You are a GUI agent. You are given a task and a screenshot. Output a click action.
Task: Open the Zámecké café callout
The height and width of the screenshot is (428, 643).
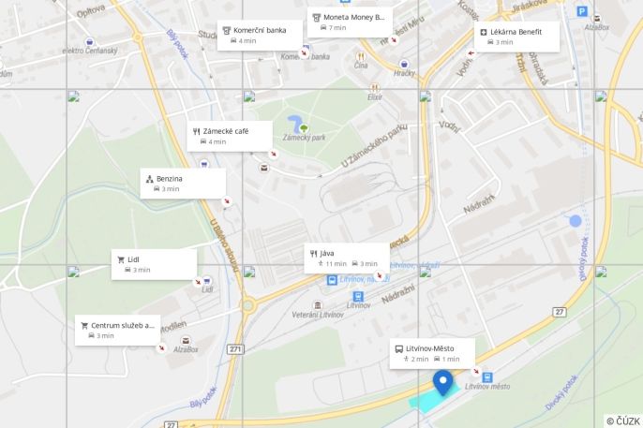230,136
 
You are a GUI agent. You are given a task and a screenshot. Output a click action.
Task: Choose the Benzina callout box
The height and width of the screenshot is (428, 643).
184,183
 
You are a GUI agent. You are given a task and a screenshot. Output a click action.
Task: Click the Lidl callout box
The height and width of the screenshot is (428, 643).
155,263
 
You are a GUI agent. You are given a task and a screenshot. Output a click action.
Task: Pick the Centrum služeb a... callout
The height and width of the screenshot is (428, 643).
117,330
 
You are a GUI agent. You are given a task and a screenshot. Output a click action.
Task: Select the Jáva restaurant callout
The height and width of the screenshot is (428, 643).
346,258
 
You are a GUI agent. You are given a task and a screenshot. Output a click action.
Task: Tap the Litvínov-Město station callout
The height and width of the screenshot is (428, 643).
432,352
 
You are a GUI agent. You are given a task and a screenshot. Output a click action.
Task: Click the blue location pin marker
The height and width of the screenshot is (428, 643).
442,383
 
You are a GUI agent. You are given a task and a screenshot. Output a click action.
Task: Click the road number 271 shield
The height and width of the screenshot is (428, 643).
234,349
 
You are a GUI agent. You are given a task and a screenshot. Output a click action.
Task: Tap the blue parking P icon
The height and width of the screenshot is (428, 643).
582,12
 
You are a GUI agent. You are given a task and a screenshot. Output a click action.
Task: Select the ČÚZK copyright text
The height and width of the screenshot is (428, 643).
622,421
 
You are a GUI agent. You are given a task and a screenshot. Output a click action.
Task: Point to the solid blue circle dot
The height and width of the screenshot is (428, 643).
576,221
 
